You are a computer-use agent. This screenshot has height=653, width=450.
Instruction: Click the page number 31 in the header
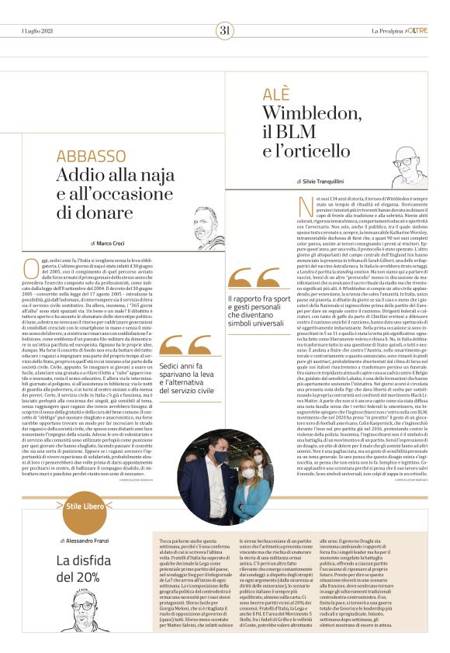225,30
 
